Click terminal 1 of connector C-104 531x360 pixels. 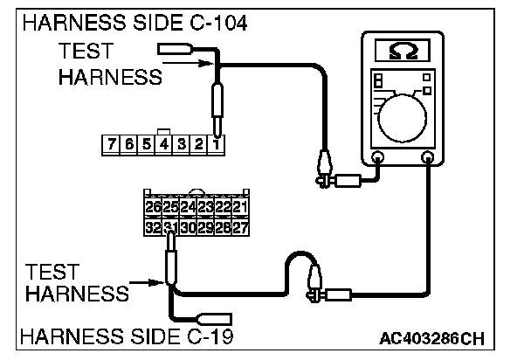click(x=216, y=143)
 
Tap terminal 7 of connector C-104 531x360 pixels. click(x=111, y=143)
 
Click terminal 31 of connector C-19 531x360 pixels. click(x=170, y=225)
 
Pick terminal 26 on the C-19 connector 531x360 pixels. click(x=153, y=208)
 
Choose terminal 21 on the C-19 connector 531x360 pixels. click(x=240, y=208)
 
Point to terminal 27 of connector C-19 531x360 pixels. click(x=240, y=225)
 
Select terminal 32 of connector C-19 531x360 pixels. click(x=153, y=225)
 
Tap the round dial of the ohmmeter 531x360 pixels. click(x=404, y=114)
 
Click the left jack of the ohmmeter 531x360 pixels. click(x=377, y=158)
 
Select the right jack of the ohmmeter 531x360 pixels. click(x=427, y=158)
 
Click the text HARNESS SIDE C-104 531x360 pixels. click(x=134, y=24)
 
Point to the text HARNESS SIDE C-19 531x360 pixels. click(x=126, y=336)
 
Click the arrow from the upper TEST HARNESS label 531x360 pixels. click(x=203, y=63)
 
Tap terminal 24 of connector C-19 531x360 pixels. click(x=188, y=208)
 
